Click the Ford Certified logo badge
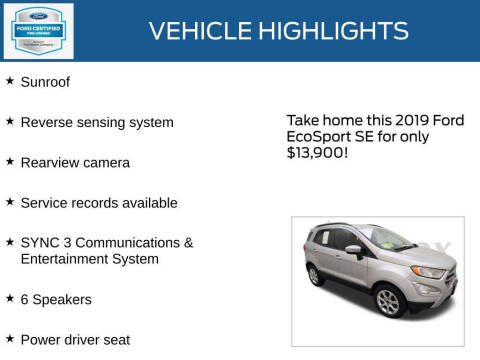(x=38, y=30)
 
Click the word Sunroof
(x=45, y=82)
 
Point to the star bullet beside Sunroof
(x=10, y=80)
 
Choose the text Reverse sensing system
(x=97, y=122)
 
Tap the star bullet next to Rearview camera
(x=10, y=160)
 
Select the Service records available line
(x=99, y=202)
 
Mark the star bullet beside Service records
(x=10, y=200)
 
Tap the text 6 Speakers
(x=56, y=299)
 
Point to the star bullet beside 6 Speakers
(x=10, y=297)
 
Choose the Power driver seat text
(x=75, y=339)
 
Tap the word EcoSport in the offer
(x=316, y=137)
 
